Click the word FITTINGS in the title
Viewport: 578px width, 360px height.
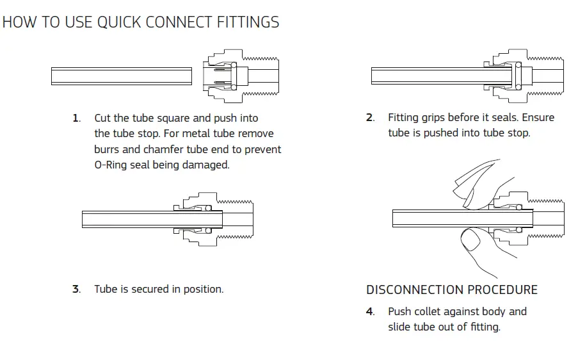point(246,22)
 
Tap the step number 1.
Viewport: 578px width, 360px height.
point(76,119)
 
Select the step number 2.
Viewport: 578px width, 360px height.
point(369,118)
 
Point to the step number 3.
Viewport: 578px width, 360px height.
point(76,290)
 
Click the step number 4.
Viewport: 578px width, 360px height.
point(370,312)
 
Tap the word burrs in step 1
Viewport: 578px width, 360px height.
point(107,149)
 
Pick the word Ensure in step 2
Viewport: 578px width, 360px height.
point(536,118)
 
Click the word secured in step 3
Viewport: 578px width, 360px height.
point(151,290)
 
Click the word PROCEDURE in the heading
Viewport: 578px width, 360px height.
point(502,290)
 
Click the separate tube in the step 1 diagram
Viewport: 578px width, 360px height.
point(122,76)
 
